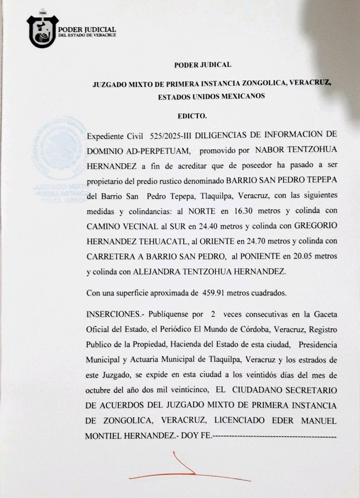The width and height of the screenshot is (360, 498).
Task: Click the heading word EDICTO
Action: click(192, 117)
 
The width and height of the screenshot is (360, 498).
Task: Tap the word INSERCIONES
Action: click(113, 314)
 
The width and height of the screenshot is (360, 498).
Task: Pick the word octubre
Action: click(99, 390)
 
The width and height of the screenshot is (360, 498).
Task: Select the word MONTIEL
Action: click(105, 436)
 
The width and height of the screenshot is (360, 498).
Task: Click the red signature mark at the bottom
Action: click(182, 468)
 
